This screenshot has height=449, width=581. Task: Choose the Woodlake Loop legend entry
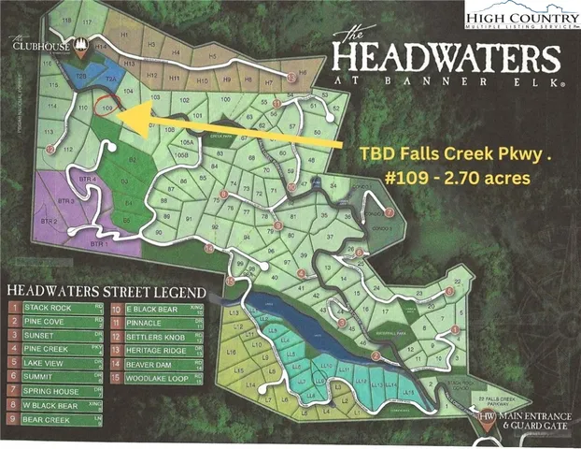click(155, 377)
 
